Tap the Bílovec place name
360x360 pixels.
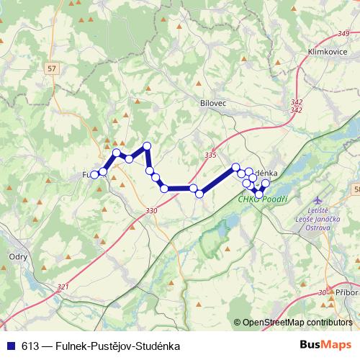(213, 104)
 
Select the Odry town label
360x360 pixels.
(18, 256)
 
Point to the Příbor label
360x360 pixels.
(346, 292)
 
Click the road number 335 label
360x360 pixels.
(210, 155)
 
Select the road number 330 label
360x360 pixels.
(150, 211)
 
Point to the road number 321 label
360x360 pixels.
(63, 287)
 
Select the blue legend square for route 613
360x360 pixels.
(11, 346)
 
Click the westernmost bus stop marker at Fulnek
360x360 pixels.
(94, 174)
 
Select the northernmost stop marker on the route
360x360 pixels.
(147, 146)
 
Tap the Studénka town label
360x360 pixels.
(266, 174)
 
